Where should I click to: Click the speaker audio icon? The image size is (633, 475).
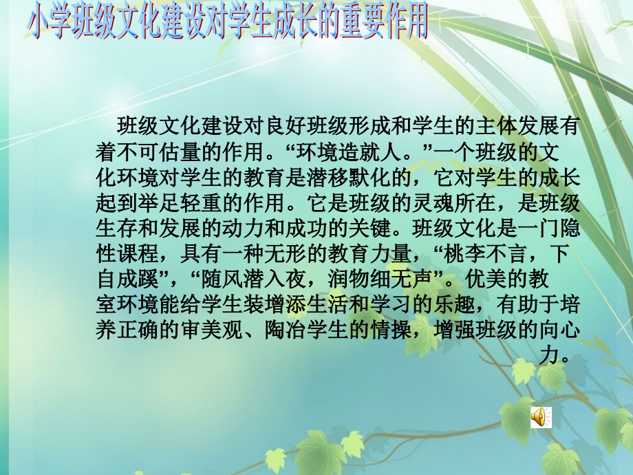tap(540, 416)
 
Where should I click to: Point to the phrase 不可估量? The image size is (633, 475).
tap(163, 152)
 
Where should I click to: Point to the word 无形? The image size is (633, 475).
tap(295, 254)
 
